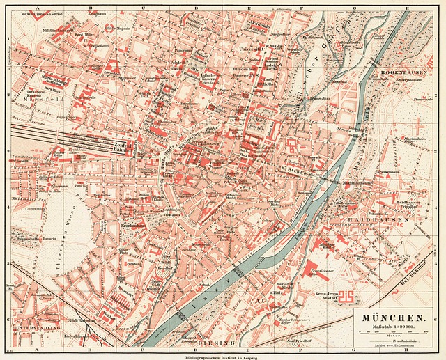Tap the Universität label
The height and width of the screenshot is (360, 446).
click(249, 50)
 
